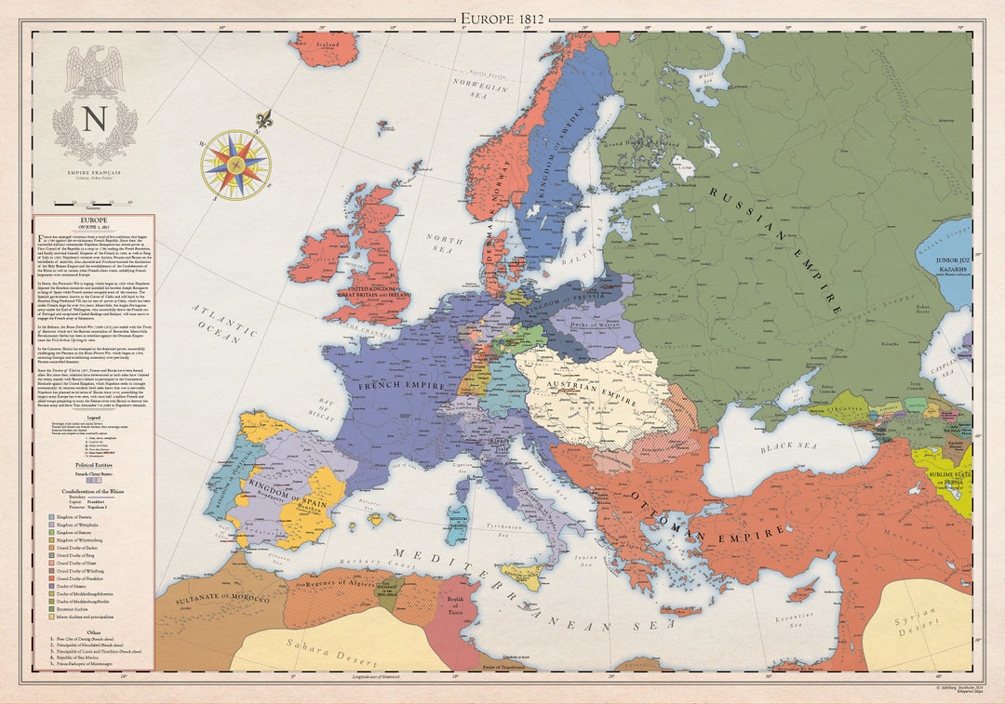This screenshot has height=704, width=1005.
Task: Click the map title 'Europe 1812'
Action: click(x=502, y=17)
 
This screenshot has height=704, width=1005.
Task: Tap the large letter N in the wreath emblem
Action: click(x=94, y=120)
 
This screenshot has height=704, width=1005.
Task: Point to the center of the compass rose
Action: click(x=236, y=165)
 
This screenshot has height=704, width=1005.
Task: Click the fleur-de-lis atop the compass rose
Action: click(x=263, y=120)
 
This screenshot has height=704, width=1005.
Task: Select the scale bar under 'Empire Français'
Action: click(x=94, y=201)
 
